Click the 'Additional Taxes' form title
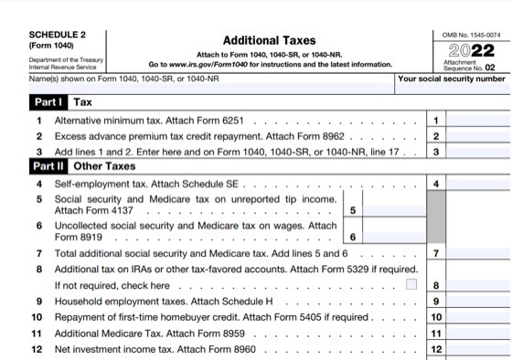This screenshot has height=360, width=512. click(269, 41)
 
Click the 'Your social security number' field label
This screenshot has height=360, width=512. click(452, 79)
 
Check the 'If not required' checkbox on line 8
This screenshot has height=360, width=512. click(411, 284)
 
